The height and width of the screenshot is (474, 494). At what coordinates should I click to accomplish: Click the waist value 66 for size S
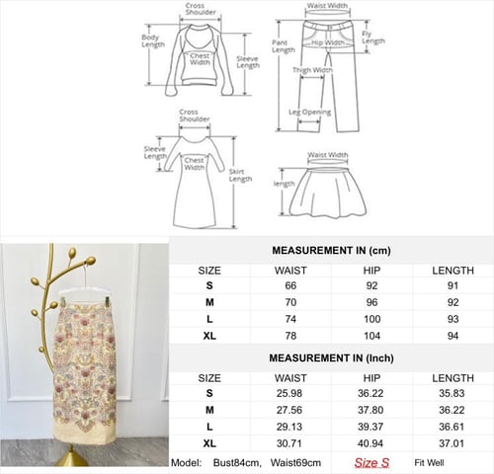[290, 285]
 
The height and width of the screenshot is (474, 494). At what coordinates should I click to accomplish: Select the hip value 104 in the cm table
[371, 336]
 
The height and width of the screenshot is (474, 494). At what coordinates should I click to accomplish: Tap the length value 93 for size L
[453, 319]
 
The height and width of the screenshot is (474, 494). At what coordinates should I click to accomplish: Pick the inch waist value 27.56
[289, 410]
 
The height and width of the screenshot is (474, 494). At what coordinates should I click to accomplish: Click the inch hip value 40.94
[370, 443]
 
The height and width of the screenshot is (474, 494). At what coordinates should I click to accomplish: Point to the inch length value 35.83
[452, 393]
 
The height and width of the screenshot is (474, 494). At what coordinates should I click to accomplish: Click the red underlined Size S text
[371, 463]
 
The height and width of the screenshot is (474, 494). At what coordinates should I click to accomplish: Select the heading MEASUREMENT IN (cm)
[331, 251]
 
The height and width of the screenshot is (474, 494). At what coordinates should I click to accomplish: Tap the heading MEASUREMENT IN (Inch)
[331, 358]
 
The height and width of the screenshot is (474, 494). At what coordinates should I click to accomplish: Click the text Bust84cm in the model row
[237, 463]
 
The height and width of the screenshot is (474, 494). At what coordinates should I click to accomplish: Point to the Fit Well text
[429, 463]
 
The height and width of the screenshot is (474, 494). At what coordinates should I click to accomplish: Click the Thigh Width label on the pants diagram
[312, 70]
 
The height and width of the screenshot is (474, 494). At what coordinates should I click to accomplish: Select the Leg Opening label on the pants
[310, 113]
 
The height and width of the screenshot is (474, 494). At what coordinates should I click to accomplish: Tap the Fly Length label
[373, 38]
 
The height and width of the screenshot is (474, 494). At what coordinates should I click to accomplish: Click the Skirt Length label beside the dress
[240, 175]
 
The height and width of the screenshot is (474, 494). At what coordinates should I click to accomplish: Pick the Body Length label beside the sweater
[153, 40]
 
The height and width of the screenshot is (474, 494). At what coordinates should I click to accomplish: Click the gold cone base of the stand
[72, 457]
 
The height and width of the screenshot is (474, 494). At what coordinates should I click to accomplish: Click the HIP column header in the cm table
[371, 271]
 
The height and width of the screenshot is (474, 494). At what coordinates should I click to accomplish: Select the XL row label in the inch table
[209, 443]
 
